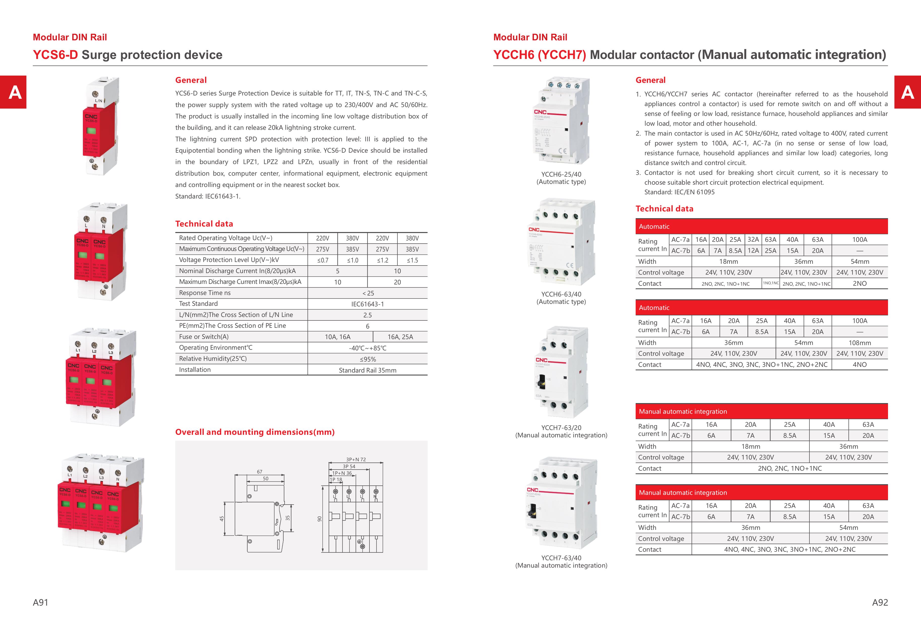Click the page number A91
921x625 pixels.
click(x=41, y=602)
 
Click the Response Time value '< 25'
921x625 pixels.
click(x=367, y=293)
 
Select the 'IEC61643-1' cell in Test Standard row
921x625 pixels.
click(x=367, y=304)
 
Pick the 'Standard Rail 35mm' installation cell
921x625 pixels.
click(x=367, y=370)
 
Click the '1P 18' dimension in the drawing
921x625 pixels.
click(x=336, y=480)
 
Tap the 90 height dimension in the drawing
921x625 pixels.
click(x=319, y=519)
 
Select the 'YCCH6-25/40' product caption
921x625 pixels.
click(x=561, y=174)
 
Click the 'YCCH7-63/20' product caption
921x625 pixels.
click(x=561, y=428)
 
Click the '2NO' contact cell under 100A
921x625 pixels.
click(x=860, y=283)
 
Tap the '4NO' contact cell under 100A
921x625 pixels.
click(x=860, y=365)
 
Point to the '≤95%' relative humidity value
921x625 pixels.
click(x=367, y=359)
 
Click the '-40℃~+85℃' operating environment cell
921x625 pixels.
click(x=367, y=348)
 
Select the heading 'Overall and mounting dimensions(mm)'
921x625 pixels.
click(x=255, y=432)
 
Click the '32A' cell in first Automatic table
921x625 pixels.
click(x=753, y=239)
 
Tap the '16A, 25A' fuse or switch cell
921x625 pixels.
click(x=400, y=337)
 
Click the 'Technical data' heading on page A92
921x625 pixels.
click(x=664, y=209)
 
